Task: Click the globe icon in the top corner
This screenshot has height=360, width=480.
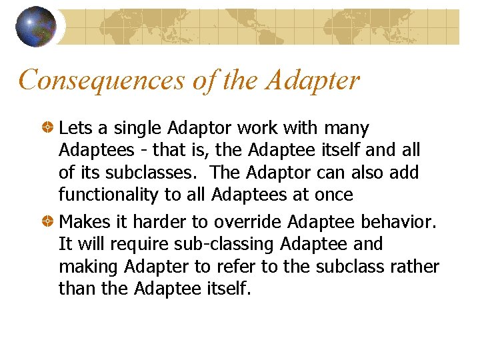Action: [x=36, y=27]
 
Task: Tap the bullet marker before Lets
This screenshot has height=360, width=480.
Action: [x=49, y=127]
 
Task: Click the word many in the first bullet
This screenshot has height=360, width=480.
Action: [x=347, y=128]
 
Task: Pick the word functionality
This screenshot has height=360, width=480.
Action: [x=107, y=195]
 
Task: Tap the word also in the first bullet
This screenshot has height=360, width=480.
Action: [x=367, y=173]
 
